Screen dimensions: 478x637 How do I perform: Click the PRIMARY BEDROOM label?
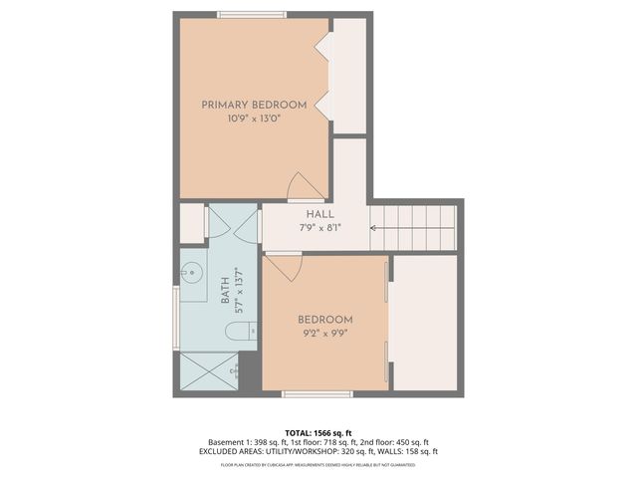[x=253, y=105]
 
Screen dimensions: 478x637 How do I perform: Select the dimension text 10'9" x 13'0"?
[x=253, y=119]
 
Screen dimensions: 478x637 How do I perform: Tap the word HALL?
[x=319, y=214]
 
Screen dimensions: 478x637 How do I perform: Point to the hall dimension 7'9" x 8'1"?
[x=319, y=228]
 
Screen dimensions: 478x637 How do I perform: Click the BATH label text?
[x=225, y=291]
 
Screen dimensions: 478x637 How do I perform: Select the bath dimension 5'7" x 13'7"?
[x=238, y=291]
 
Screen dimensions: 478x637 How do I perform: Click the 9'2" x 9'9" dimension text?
[x=325, y=334]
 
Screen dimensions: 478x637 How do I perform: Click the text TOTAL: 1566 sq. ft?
[x=318, y=432]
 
